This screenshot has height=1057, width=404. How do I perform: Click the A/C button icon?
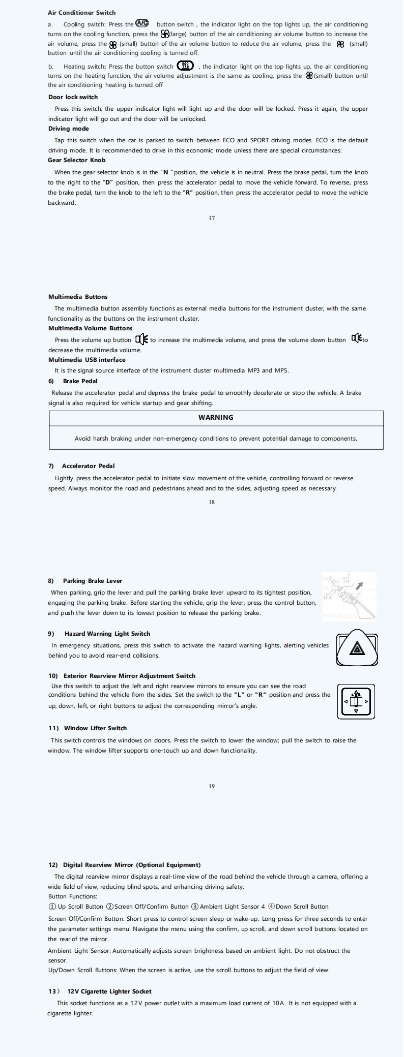tap(141, 23)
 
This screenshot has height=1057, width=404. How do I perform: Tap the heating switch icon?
tap(185, 66)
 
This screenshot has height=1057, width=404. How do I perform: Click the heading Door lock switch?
tap(73, 97)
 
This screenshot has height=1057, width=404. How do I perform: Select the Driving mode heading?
tap(68, 129)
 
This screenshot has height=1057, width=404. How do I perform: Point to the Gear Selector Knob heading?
tap(77, 160)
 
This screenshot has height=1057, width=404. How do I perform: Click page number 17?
tap(212, 218)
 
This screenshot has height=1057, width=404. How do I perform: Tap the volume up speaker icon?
tap(141, 339)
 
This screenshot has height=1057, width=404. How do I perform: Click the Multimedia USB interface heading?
tap(86, 360)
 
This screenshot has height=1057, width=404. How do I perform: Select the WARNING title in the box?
tap(216, 417)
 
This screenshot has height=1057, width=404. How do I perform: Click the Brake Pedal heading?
tap(80, 381)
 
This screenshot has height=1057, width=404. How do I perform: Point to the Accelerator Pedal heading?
tap(88, 466)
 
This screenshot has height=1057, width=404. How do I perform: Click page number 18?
tap(212, 502)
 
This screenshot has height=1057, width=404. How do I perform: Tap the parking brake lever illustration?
tap(350, 596)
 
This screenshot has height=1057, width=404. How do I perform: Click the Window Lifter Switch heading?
tap(95, 728)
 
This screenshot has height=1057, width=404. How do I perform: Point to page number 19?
tap(212, 786)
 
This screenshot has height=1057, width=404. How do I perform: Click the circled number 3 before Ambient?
tap(195, 907)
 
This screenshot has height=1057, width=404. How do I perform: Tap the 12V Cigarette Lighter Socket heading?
tap(109, 991)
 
